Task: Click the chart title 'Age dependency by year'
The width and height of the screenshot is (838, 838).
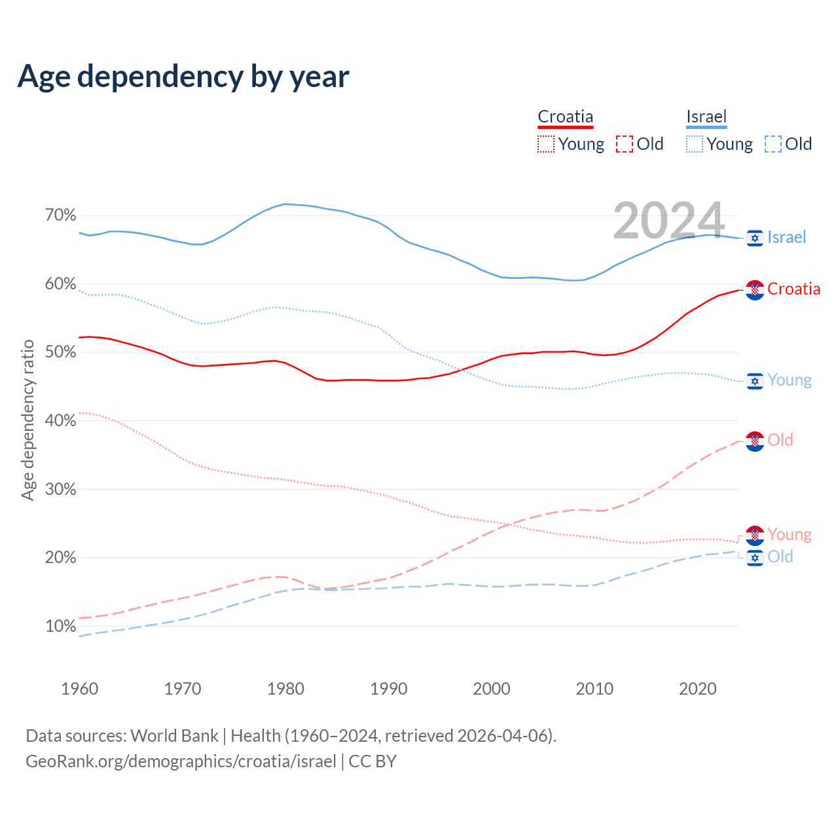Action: [x=183, y=77]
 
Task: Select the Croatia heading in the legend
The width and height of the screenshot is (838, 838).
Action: [x=565, y=117]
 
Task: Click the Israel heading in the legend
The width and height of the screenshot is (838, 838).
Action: [x=706, y=117]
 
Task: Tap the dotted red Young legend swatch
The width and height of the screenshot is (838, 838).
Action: [x=546, y=144]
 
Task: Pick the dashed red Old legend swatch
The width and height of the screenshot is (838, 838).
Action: [x=625, y=144]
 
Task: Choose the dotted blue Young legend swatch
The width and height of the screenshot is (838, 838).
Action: [x=695, y=144]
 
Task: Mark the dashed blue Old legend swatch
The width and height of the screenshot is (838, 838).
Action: [x=773, y=144]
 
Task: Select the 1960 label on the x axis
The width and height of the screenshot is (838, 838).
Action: [x=79, y=689]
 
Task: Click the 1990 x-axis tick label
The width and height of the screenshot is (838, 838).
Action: [x=388, y=689]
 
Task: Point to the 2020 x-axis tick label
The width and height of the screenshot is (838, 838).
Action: [x=698, y=689]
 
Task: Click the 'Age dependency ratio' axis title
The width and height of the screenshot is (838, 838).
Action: [x=27, y=420]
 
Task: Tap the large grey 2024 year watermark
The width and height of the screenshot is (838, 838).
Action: [x=668, y=220]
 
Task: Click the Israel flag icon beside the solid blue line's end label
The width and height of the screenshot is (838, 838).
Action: [x=755, y=238]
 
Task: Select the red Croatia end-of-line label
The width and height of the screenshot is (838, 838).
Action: [x=793, y=289]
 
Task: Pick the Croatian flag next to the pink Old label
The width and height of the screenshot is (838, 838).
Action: [x=755, y=442]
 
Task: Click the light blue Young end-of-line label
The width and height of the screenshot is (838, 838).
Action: [x=789, y=380]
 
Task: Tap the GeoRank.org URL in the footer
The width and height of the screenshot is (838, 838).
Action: [x=181, y=761]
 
